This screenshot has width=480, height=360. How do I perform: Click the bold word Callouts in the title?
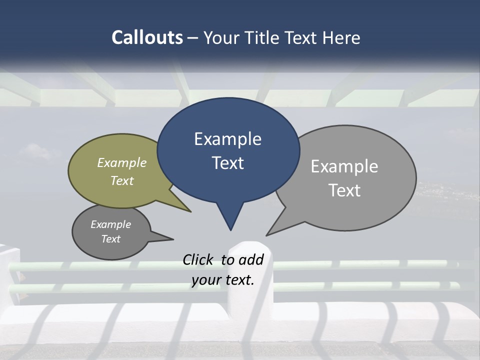pos(147,37)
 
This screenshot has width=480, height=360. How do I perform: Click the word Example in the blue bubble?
pos(227,139)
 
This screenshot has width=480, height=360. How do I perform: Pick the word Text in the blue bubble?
pos(227,163)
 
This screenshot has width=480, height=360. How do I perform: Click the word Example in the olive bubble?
pos(122,162)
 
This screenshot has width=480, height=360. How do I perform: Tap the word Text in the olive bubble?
pos(122,180)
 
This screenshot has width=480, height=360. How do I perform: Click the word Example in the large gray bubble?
pos(344,166)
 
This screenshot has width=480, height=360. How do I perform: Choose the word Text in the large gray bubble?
pos(344,190)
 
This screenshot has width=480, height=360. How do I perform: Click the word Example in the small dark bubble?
pos(111,224)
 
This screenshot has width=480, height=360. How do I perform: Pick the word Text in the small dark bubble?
pos(111,239)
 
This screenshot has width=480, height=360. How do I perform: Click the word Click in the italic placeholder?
pos(197,259)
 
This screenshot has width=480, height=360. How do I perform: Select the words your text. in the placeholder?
pos(223,280)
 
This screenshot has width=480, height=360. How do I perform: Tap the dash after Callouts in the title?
pos(193,37)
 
